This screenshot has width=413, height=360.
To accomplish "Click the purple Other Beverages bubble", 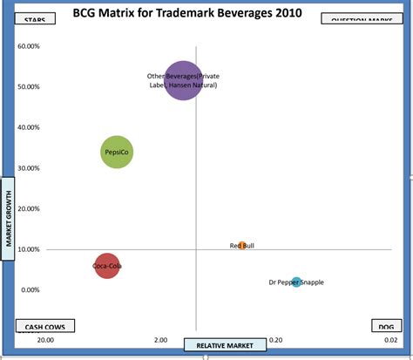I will (183, 81).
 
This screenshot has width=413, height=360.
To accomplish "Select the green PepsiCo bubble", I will (117, 153).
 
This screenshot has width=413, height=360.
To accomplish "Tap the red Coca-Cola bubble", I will (106, 266).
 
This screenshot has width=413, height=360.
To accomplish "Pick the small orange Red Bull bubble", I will (242, 246).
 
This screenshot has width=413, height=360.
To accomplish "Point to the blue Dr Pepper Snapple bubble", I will (296, 282).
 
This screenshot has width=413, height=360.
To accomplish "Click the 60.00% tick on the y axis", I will (30, 45).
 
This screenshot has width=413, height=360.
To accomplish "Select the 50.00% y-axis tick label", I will (30, 86).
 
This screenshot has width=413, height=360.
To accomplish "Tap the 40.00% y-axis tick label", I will (30, 127).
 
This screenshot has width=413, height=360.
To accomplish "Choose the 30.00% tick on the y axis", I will (30, 168).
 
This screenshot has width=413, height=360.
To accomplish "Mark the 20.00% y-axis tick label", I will (30, 208).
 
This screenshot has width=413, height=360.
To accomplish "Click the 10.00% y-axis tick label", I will (30, 249).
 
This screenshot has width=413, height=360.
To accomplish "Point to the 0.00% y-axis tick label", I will (30, 290).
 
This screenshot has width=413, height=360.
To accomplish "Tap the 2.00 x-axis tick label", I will (160, 340).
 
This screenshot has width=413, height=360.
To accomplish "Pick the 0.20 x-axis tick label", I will (275, 340).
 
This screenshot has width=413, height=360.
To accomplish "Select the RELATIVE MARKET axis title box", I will (224, 345).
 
